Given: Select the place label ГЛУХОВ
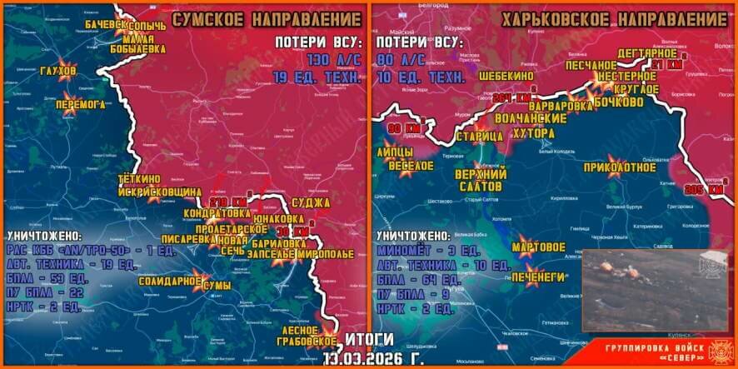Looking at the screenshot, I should click(57, 71).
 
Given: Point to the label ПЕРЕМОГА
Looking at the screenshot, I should click(80, 105).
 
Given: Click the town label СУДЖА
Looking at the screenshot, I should click(312, 202).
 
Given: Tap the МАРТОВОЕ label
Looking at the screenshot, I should click(540, 247).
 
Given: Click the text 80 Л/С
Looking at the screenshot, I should click(401, 61).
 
